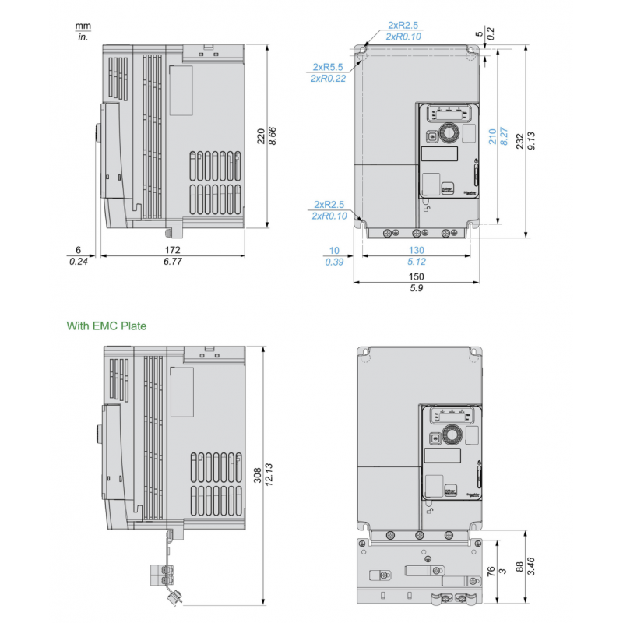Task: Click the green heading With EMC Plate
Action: tap(106, 326)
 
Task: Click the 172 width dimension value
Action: tap(172, 250)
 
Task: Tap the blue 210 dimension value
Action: tap(491, 137)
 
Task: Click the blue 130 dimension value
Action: tap(417, 250)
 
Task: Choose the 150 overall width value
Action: tap(417, 276)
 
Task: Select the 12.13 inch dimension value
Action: tap(269, 476)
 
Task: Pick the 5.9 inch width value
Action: tap(417, 288)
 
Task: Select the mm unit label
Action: tap(83, 25)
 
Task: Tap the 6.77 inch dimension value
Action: tap(172, 262)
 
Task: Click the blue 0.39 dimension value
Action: tap(334, 262)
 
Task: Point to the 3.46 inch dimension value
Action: tap(531, 565)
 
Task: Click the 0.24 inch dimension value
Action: tap(79, 262)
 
